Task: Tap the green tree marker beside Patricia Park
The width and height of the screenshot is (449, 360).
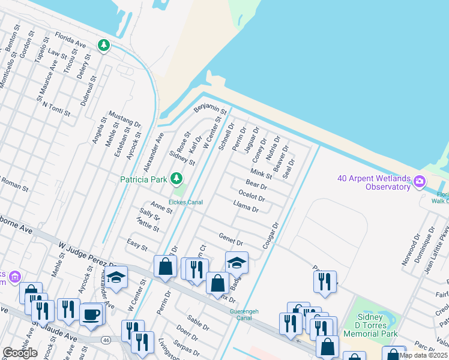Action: pos(176,178)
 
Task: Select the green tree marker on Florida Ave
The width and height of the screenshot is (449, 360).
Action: pos(104,45)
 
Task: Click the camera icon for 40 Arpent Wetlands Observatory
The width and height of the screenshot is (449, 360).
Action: pos(420,181)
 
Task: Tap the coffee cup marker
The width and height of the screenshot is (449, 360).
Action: pos(91,314)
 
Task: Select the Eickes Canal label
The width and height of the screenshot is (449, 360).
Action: pos(185,202)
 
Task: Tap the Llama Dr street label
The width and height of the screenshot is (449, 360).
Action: pos(246,208)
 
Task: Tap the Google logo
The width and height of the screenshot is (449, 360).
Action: pos(19,353)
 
